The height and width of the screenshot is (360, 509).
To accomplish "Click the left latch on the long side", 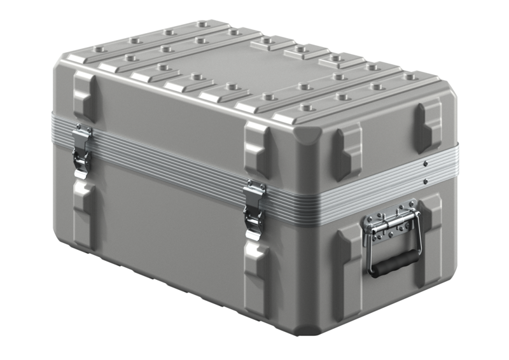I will pos(81,151).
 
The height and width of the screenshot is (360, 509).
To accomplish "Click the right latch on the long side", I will pos(254,209).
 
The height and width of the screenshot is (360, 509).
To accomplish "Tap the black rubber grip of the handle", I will pos(395,261).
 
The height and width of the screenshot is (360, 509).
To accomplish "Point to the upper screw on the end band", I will pos(425,163).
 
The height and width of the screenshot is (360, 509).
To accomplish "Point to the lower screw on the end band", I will pos(425,182).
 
